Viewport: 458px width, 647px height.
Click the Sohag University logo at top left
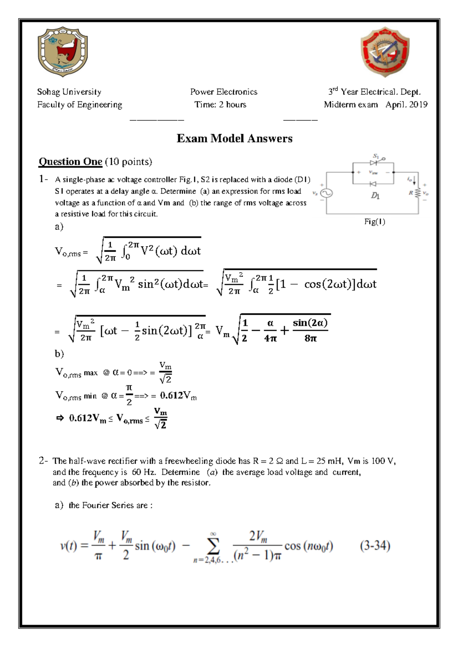(63, 51)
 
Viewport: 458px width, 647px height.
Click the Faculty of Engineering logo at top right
(385, 52)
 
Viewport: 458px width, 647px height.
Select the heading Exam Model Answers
(234, 138)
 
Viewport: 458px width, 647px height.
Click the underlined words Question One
(71, 162)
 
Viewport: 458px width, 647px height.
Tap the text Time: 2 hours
(220, 105)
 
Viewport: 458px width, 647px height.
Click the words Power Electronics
(224, 92)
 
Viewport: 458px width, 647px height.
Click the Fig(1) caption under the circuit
(374, 222)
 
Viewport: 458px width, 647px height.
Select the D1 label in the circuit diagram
(375, 196)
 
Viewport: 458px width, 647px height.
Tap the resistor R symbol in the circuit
(418, 193)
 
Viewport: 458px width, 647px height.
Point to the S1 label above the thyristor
(376, 156)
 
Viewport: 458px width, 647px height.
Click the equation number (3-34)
(375, 546)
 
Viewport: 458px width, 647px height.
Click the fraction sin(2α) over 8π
(310, 330)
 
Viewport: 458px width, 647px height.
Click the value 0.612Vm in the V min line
(178, 396)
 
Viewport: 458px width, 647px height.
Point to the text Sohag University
(69, 92)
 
